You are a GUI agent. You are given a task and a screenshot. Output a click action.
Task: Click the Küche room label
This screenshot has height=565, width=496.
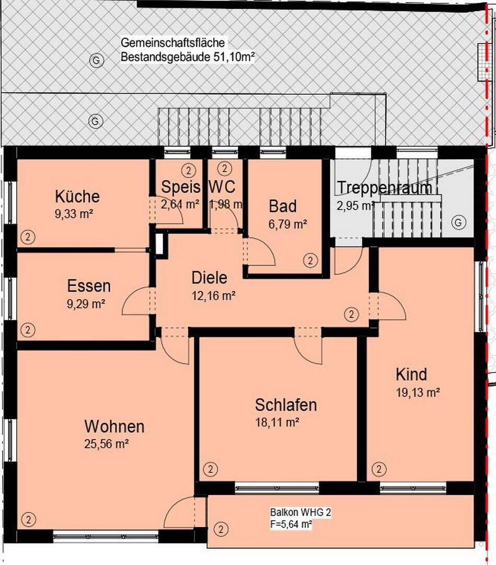pyautogui.click(x=77, y=197)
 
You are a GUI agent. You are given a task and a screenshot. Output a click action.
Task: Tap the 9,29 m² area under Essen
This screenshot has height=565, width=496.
pyautogui.click(x=86, y=304)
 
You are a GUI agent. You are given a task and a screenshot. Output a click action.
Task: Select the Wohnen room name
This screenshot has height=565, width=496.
pyautogui.click(x=114, y=426)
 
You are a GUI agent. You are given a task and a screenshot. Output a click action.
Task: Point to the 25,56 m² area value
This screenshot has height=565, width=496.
pyautogui.click(x=107, y=444)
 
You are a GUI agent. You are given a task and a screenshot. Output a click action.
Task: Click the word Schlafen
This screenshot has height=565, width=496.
pyautogui.click(x=286, y=405)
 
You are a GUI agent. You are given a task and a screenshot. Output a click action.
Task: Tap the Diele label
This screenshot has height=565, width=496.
pyautogui.click(x=209, y=278)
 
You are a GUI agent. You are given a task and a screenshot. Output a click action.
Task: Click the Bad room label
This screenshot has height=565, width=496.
pyautogui.click(x=283, y=207)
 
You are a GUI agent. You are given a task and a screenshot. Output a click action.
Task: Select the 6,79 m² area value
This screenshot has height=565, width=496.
pyautogui.click(x=287, y=224)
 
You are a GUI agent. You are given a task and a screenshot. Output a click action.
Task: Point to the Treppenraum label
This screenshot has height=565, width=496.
pyautogui.click(x=385, y=188)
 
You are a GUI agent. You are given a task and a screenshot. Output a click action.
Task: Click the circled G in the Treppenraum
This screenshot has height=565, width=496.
pyautogui.click(x=458, y=222)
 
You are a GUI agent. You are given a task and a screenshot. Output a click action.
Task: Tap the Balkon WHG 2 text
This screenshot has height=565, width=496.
pyautogui.click(x=301, y=512)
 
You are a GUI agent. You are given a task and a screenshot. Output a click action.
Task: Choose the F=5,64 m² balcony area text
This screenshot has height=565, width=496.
pyautogui.click(x=291, y=524)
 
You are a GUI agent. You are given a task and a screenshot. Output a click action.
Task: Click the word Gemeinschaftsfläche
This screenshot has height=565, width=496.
pyautogui.click(x=172, y=42)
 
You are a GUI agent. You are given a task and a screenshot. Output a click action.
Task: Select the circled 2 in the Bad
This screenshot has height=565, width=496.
pyautogui.click(x=310, y=260)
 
